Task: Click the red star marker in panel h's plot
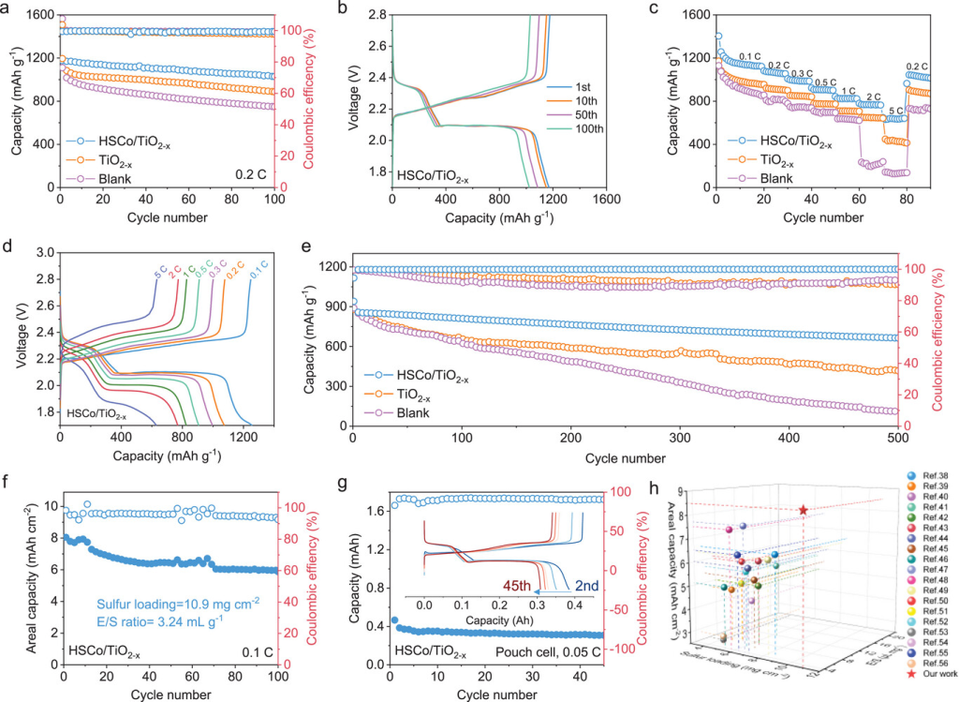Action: (804, 510)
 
